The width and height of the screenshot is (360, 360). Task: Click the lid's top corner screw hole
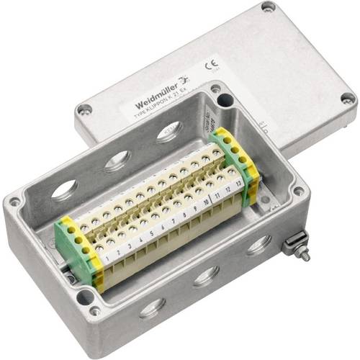(268, 6)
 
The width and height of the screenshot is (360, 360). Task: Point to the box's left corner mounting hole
(14, 202)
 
